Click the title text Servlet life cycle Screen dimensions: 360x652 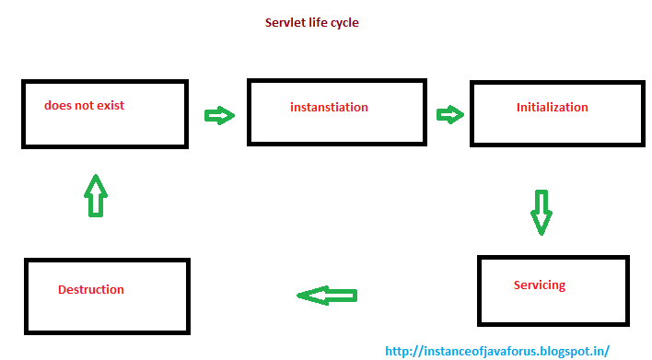(x=305, y=23)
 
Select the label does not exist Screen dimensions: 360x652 (x=84, y=105)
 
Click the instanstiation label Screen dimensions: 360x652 (x=329, y=108)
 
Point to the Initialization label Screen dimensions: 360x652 (x=552, y=108)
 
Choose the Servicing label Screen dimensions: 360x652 (x=539, y=285)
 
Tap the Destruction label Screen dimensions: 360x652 (x=90, y=289)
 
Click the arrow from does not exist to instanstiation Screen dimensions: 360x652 (x=219, y=115)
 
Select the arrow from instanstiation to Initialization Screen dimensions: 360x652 (x=449, y=114)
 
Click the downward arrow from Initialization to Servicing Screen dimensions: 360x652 (x=541, y=212)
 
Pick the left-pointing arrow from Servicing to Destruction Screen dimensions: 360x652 (x=326, y=296)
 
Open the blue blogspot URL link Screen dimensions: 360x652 (x=496, y=351)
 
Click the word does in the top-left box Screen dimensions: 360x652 (x=57, y=105)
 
